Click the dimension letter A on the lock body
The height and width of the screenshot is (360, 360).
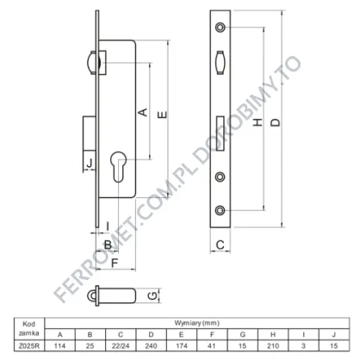click(143, 112)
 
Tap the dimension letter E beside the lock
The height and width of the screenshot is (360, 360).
click(163, 115)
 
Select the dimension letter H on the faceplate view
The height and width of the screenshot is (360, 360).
click(258, 122)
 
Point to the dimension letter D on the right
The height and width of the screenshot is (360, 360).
click(276, 122)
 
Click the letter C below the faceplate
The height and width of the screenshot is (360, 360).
click(220, 245)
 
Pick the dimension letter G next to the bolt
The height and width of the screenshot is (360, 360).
click(152, 295)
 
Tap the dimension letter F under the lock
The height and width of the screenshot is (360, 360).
click(115, 263)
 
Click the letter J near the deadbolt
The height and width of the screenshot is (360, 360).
click(90, 163)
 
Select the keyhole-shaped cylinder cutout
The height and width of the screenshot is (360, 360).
click(119, 167)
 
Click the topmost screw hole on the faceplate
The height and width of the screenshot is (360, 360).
click(220, 27)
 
